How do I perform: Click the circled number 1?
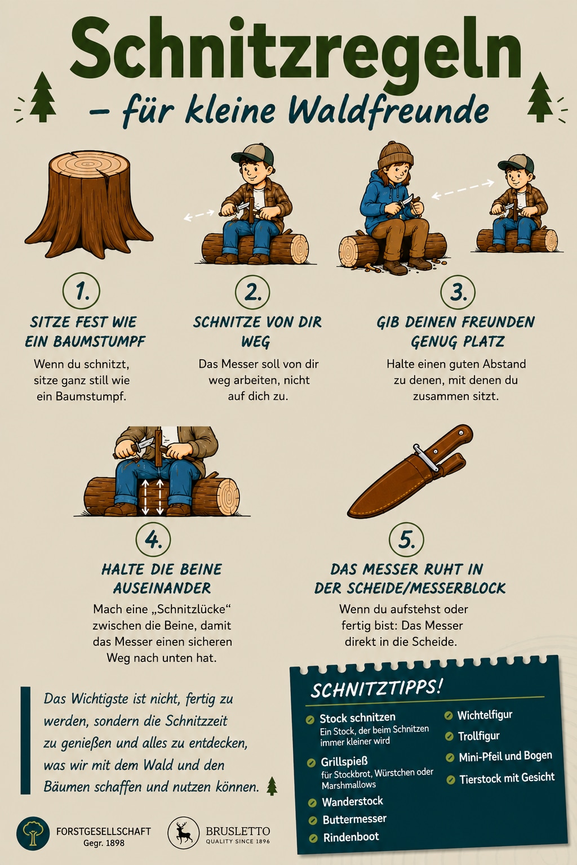(x=81, y=291)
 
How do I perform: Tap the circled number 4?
(x=153, y=539)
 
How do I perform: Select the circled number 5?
(x=406, y=539)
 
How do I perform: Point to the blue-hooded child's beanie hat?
(x=396, y=155)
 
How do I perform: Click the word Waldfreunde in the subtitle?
(x=388, y=110)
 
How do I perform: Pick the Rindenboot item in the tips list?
(x=351, y=837)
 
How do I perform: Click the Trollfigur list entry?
(x=478, y=736)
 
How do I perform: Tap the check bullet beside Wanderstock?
(x=312, y=803)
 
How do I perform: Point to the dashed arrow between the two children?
(x=463, y=189)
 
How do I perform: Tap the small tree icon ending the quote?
(x=272, y=786)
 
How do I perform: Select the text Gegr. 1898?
(x=104, y=843)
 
